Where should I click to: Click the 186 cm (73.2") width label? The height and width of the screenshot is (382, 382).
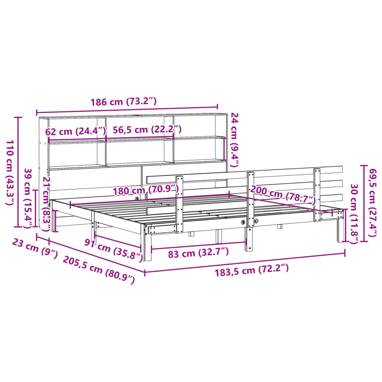coord(123,102)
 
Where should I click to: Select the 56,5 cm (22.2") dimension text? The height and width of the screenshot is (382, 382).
coord(147,129)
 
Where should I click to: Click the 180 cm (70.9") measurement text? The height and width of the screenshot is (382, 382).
coord(146,190)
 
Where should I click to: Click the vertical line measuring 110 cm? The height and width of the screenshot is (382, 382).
coord(18,172)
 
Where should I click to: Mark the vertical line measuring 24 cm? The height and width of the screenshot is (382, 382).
coord(224,149)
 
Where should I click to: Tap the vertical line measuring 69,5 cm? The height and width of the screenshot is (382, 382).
coord(364,203)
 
